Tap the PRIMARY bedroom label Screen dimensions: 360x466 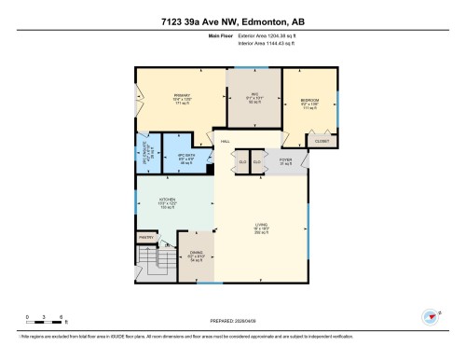183,96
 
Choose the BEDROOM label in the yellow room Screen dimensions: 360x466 309,100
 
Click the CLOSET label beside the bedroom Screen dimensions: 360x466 322,141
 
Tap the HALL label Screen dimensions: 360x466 226,142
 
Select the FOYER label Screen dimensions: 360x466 286,160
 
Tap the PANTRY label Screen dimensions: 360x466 146,238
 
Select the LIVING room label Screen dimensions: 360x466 260,224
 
